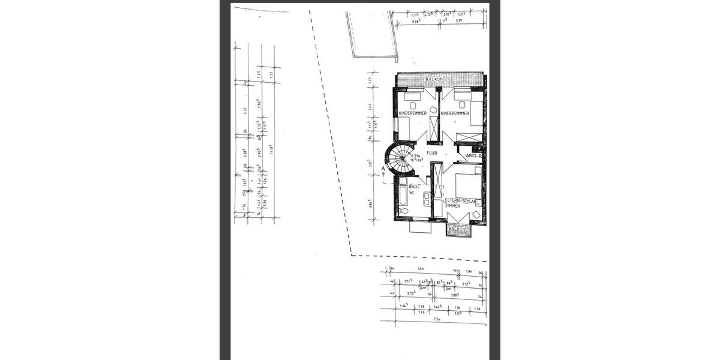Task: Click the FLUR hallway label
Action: pos(431,153)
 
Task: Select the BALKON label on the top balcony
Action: pos(434,79)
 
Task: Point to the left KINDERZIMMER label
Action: pos(412,113)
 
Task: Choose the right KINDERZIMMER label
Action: pos(458,113)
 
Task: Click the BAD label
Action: pos(413,186)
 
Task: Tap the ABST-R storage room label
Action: pos(474,155)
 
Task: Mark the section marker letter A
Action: pos(383,169)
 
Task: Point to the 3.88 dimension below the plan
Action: pos(454,295)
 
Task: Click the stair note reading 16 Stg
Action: pos(413,155)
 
